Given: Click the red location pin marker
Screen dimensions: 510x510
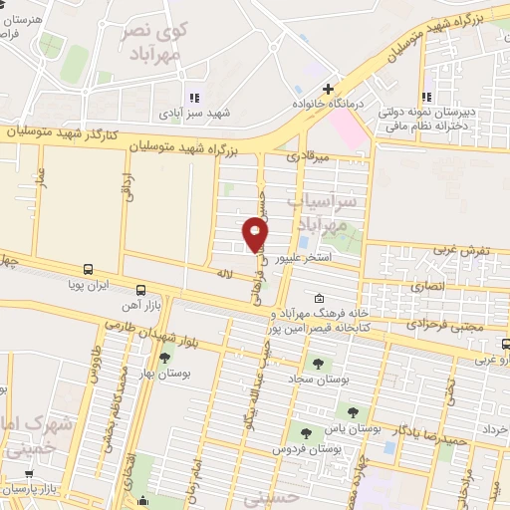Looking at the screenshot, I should coord(255,234).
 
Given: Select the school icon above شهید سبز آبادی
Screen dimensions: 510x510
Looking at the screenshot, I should coord(194,98).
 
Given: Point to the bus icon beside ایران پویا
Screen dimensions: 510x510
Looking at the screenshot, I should coord(88,269).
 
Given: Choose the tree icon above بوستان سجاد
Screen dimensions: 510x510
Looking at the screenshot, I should coord(318,364).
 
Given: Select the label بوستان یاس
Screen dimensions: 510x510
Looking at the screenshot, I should coord(360,426).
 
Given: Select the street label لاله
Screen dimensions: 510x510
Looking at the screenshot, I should coord(224,270).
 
